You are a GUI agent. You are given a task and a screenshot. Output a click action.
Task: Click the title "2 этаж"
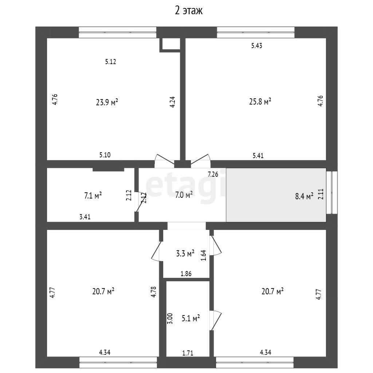click(189, 11)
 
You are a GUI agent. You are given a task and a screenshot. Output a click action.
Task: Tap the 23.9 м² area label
click(107, 102)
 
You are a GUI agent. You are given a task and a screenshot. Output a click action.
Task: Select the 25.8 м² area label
click(260, 102)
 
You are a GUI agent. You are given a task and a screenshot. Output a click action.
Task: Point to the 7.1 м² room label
click(93, 196)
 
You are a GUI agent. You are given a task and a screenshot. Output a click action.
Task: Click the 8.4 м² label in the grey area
click(304, 196)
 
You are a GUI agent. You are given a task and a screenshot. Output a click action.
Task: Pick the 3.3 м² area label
click(185, 254)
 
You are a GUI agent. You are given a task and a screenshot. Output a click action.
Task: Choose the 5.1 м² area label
click(191, 318)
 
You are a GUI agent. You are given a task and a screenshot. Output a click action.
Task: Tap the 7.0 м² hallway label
click(184, 195)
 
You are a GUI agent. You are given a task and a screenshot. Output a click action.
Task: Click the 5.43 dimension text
click(257, 46)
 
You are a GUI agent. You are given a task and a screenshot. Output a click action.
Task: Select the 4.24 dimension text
click(172, 102)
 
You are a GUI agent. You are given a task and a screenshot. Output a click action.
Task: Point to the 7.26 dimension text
click(213, 174)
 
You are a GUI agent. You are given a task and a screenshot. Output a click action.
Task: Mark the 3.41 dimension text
click(85, 217)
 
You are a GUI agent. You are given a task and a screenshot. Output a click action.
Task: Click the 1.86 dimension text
click(186, 274)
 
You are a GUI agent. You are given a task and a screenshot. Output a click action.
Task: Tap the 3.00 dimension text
click(170, 319)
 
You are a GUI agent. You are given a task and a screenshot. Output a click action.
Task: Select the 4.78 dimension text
click(154, 292)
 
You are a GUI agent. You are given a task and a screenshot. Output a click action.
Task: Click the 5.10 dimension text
click(105, 155)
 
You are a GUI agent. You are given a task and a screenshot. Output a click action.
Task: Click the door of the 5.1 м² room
click(216, 321)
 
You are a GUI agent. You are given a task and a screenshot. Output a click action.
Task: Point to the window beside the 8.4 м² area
click(331, 192)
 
